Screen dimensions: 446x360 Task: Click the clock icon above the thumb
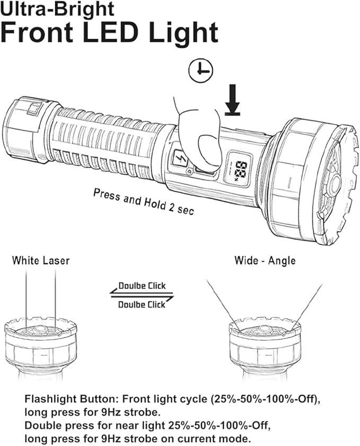pyautogui.click(x=201, y=71)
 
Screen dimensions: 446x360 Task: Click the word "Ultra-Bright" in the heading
pyautogui.click(x=57, y=9)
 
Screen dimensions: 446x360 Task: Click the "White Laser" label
pyautogui.click(x=41, y=261)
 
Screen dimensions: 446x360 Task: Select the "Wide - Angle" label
pyautogui.click(x=265, y=261)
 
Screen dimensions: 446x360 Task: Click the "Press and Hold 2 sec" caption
pyautogui.click(x=144, y=201)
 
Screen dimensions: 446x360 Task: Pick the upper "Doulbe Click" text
pyautogui.click(x=142, y=286)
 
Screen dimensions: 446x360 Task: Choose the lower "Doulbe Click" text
pyautogui.click(x=142, y=304)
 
